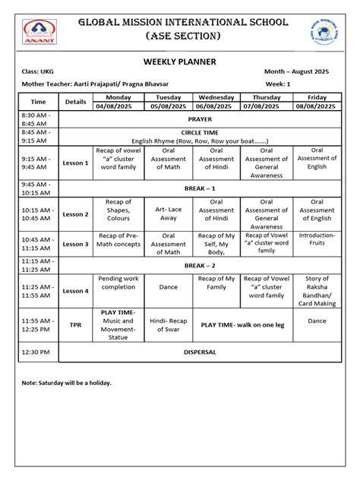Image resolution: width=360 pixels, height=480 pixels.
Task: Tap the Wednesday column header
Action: tap(216, 97)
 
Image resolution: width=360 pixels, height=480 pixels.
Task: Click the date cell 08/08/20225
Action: tap(317, 106)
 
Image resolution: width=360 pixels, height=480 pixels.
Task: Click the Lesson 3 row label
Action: tap(75, 244)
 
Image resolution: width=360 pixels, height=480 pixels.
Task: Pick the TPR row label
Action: tap(75, 324)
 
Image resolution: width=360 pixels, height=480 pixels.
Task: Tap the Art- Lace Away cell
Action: tap(168, 213)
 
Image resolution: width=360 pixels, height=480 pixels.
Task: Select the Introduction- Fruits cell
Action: tap(317, 240)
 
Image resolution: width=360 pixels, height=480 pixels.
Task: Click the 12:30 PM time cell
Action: tap(38, 352)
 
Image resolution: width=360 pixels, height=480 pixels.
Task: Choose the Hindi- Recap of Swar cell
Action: tap(168, 325)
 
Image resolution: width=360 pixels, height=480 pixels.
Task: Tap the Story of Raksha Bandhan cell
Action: tap(317, 291)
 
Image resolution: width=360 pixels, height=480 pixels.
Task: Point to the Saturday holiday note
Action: tap(66, 382)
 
